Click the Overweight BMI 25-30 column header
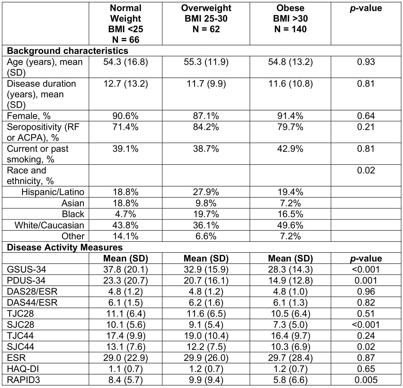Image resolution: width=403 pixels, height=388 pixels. pyautogui.click(x=206, y=18)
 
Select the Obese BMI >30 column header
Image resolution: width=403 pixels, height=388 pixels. pyautogui.click(x=290, y=18)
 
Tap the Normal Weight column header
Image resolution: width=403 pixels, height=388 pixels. pyautogui.click(x=125, y=24)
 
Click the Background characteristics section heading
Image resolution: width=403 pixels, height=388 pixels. pyautogui.click(x=68, y=51)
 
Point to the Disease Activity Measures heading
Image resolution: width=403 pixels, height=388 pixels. pyautogui.click(x=65, y=247)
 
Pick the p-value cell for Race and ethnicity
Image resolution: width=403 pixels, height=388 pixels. pyautogui.click(x=366, y=170)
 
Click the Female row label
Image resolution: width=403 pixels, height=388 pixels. pyautogui.click(x=29, y=116)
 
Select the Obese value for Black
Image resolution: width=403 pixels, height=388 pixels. pyautogui.click(x=290, y=214)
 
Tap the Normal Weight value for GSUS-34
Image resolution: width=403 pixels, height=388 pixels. pyautogui.click(x=125, y=269)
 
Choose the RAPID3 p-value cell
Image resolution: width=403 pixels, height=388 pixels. pyautogui.click(x=366, y=380)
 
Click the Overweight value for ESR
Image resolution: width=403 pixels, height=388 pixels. pyautogui.click(x=206, y=358)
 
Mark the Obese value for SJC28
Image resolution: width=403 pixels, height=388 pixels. pyautogui.click(x=290, y=325)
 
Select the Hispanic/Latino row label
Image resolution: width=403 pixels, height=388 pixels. pyautogui.click(x=53, y=192)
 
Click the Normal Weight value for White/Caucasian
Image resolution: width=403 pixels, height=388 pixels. pyautogui.click(x=125, y=225)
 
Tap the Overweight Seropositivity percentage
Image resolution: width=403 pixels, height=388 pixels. pyautogui.click(x=206, y=127)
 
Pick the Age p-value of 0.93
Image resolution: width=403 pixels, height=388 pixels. pyautogui.click(x=366, y=62)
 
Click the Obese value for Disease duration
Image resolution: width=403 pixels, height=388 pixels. pyautogui.click(x=290, y=84)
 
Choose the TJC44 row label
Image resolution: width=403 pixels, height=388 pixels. pyautogui.click(x=20, y=336)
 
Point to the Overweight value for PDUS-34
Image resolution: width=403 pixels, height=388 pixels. pyautogui.click(x=206, y=281)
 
